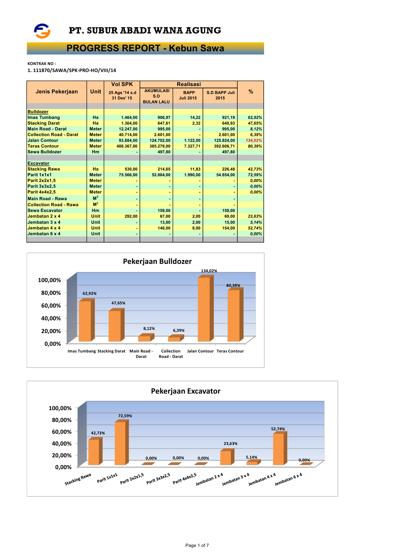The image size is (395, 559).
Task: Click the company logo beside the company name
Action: tap(42, 31)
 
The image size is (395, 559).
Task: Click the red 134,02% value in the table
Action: tap(254, 141)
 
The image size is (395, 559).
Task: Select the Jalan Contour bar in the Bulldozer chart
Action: tap(204, 309)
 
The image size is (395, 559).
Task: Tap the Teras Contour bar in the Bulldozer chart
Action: tap(233, 316)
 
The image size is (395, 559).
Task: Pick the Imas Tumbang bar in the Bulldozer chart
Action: tap(85, 321)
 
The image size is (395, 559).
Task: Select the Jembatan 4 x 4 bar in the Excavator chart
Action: tap(278, 449)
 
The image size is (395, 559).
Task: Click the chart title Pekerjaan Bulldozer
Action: tap(157, 262)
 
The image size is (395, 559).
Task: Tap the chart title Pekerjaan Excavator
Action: tap(186, 391)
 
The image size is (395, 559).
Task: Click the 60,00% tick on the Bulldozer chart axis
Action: tap(51, 306)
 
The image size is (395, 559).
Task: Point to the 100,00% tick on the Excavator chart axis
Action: tap(60, 408)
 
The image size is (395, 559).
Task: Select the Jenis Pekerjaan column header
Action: tap(57, 92)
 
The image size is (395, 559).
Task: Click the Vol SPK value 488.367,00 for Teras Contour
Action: tap(127, 146)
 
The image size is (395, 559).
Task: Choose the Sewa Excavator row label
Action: tap(45, 211)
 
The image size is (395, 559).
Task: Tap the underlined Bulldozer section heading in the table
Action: tap(38, 112)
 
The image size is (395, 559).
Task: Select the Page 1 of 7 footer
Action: tap(197, 545)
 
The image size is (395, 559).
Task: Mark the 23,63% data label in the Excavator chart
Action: tap(230, 444)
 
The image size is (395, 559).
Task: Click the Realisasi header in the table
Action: tap(189, 84)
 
